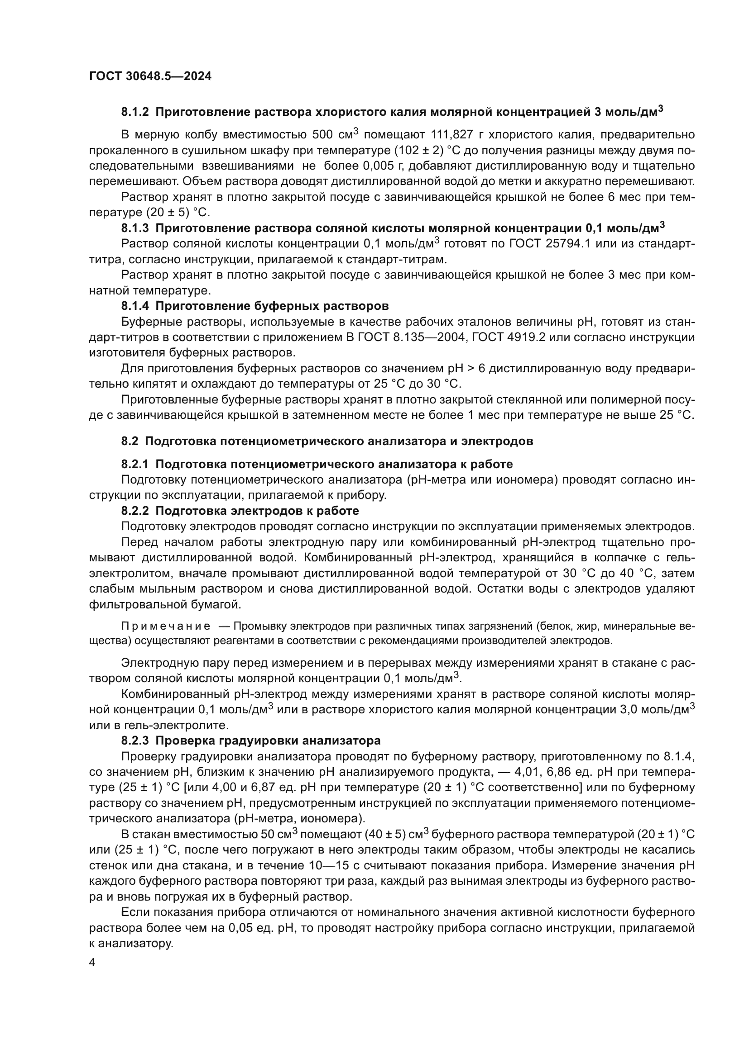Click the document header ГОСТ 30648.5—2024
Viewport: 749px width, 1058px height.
click(x=150, y=76)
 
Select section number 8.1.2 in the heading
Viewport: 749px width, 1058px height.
click(x=135, y=112)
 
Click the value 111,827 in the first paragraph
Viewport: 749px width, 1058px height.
click(x=452, y=134)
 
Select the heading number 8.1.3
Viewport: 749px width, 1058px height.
click(x=135, y=228)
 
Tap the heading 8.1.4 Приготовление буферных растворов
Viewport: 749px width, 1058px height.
click(x=255, y=306)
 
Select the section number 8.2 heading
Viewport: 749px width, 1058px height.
click(x=130, y=441)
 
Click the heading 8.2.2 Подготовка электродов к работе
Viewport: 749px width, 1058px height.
click(x=240, y=511)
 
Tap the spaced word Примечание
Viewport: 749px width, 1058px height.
click(x=166, y=626)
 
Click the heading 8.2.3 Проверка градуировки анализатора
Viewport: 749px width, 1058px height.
click(x=251, y=740)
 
